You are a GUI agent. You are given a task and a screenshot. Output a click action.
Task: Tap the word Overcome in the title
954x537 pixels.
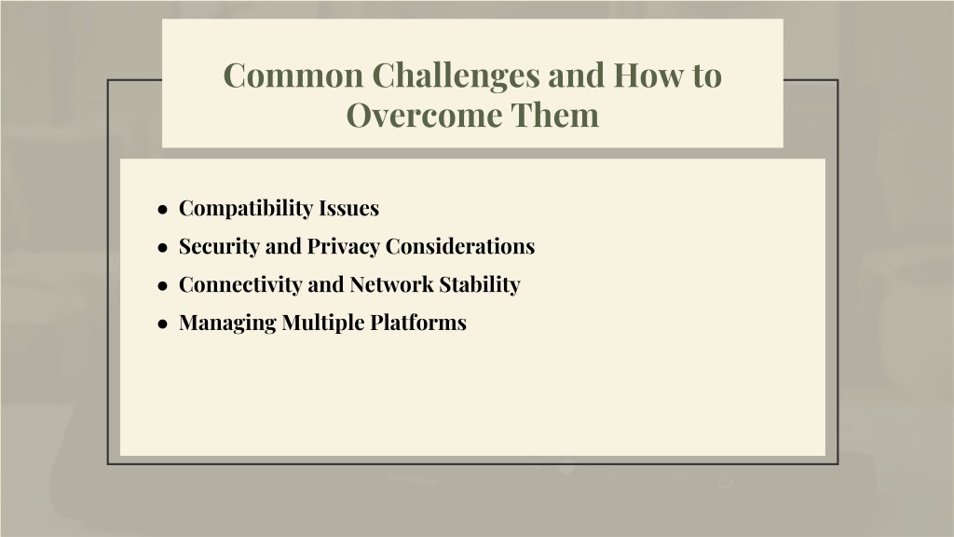click(425, 115)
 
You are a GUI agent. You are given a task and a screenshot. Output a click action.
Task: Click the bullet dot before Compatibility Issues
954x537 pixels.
click(162, 210)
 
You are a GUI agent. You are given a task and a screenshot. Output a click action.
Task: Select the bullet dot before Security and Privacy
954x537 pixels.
click(162, 248)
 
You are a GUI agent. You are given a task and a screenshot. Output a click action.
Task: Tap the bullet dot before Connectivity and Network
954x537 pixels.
click(162, 286)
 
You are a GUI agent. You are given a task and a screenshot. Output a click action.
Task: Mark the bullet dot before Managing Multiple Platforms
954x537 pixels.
click(162, 324)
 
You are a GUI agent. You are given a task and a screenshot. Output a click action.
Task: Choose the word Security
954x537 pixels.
click(220, 246)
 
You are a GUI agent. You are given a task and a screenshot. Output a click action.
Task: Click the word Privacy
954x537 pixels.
click(344, 246)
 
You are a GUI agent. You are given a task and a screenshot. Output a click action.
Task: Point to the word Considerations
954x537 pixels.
click(460, 246)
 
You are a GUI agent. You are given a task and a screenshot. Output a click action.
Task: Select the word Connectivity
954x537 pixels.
click(240, 284)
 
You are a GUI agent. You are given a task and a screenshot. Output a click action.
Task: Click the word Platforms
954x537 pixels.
click(418, 322)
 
